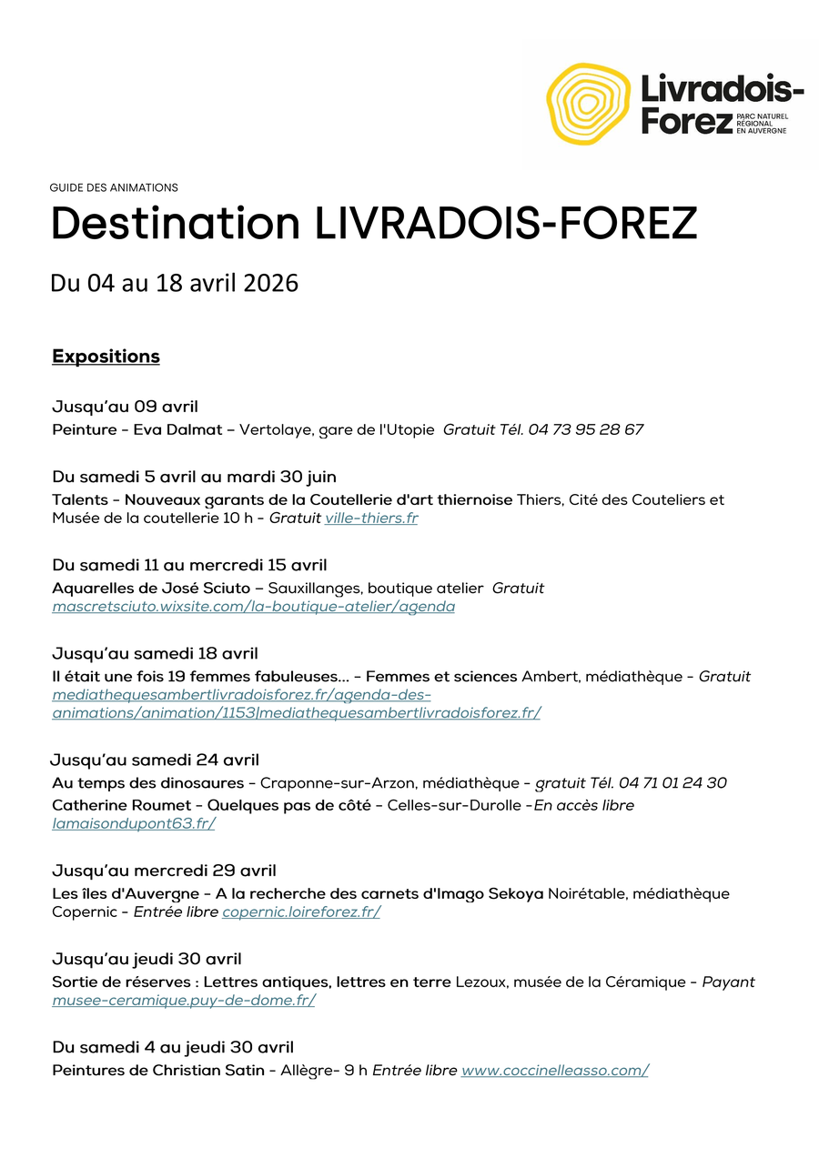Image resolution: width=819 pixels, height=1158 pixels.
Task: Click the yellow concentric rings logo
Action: tap(588, 105)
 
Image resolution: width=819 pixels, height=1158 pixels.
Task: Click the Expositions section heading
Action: tap(106, 357)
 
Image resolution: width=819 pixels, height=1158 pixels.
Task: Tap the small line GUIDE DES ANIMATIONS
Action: tap(114, 188)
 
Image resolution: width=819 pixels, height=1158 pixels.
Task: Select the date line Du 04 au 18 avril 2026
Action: tap(174, 283)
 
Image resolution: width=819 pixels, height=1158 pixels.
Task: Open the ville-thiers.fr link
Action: tap(371, 519)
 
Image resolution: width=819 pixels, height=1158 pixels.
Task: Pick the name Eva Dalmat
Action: tap(177, 429)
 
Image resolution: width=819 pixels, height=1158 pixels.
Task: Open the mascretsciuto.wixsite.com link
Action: tap(253, 607)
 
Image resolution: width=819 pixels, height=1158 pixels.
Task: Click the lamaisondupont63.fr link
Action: tap(133, 824)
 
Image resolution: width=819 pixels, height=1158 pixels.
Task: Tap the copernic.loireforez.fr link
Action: tap(301, 912)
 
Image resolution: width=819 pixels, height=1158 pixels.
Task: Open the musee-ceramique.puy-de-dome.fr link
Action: tap(184, 1001)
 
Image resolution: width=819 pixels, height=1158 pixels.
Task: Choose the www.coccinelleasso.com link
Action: tap(554, 1071)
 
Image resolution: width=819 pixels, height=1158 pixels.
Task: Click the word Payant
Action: tap(728, 982)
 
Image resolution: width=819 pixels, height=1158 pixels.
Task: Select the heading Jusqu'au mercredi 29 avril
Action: tap(164, 871)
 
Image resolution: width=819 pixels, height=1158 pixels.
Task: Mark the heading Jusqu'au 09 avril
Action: tap(125, 407)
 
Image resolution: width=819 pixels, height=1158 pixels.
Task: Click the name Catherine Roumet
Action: tap(122, 806)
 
